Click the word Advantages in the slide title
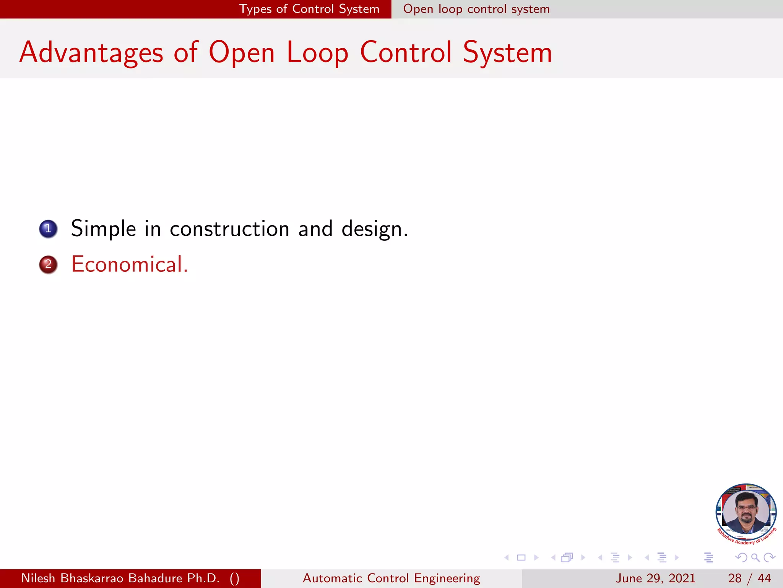pos(91,53)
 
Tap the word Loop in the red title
pos(317,53)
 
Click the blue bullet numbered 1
pos(48,229)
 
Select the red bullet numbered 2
pos(48,265)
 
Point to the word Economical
pos(129,265)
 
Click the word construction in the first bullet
pos(229,229)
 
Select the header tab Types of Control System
pos(309,9)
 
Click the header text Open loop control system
pos(476,9)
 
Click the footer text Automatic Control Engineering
pos(391,578)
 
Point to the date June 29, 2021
pos(655,578)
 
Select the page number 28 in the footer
pos(734,578)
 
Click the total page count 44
pos(764,578)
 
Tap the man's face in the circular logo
pos(746,512)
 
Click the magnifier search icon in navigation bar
pos(755,557)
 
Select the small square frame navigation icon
pos(521,557)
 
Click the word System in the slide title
pos(507,53)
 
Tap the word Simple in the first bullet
pos(103,229)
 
